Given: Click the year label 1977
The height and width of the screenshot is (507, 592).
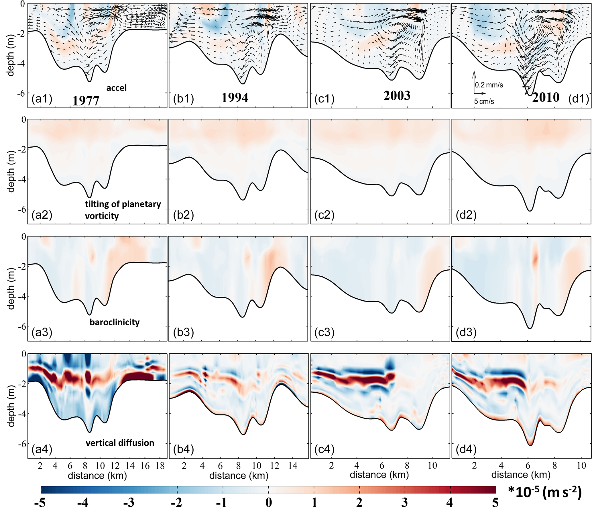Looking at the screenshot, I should point(86,101).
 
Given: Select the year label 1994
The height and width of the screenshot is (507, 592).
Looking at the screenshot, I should point(235,98).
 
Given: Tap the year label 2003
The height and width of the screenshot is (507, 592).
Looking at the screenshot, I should point(397,96).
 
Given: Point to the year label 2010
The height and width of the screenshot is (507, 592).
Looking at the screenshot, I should point(546,97).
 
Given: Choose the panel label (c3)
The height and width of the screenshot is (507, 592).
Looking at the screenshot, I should point(324,332).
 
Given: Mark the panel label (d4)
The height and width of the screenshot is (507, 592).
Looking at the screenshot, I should point(466,449).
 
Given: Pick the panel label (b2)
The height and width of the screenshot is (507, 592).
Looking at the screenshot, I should point(184,215).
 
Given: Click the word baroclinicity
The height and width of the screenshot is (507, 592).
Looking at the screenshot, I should point(115,322).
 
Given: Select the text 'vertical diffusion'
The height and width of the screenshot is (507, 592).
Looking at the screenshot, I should point(120,443).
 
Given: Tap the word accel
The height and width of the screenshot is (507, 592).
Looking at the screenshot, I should point(116,88).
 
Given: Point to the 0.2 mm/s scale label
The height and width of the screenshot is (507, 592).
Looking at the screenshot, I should point(489,85).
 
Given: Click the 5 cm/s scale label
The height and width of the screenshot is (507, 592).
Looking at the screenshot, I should point(484,101).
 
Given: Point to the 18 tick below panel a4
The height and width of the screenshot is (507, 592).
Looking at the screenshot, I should point(160,466).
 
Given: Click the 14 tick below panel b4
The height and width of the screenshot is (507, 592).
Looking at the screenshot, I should point(293,466).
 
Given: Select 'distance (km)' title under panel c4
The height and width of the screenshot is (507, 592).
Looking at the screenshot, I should point(379,475).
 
